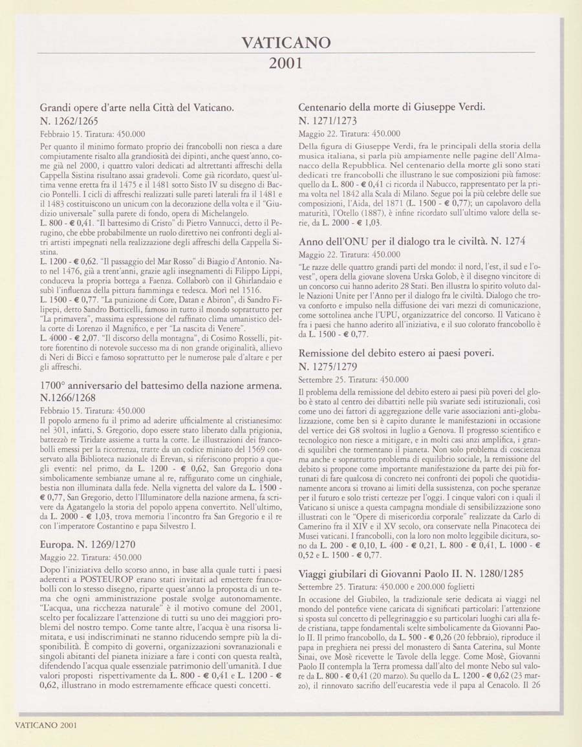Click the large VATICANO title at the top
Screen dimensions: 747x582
(x=285, y=43)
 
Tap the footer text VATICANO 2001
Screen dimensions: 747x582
(x=42, y=725)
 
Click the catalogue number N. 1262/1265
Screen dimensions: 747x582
(x=72, y=120)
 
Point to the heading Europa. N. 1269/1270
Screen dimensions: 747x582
(x=88, y=544)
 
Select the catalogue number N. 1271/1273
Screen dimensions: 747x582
(x=329, y=120)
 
